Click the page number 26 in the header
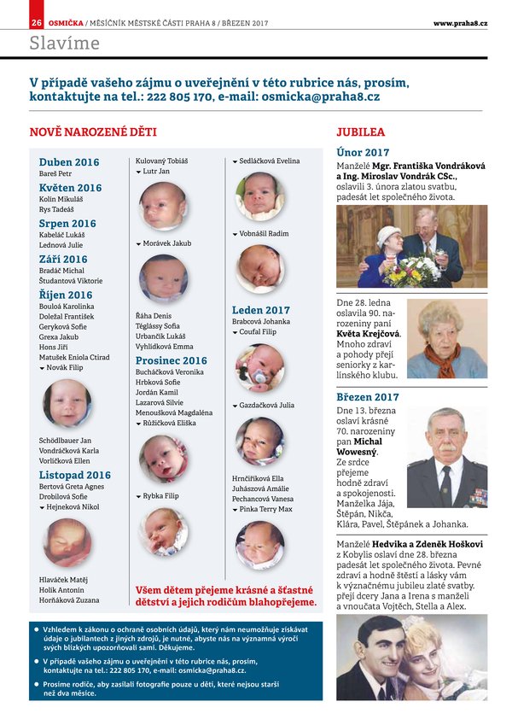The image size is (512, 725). point(36,22)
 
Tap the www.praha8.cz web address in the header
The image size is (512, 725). point(460,22)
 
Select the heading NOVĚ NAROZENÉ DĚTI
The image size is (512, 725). point(93,132)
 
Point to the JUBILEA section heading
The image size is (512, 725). point(360,132)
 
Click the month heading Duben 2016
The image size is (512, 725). point(68,162)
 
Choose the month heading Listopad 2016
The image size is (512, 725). point(74,475)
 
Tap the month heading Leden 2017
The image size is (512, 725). point(260,310)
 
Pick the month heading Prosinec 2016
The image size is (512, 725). point(171,361)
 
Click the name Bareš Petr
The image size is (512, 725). point(55,174)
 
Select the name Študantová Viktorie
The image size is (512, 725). point(70,280)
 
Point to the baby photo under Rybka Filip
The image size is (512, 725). point(163,530)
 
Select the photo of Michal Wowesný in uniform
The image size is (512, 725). point(446,458)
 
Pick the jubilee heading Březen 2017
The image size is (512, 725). point(367,397)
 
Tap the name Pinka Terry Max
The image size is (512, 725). point(265,509)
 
